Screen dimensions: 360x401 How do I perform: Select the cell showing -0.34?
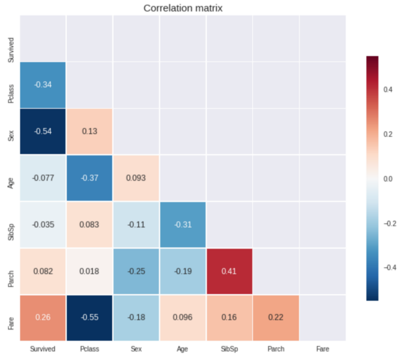point(43,85)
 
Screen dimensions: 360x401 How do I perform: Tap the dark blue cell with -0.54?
point(43,132)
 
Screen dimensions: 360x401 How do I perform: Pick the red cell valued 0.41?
point(229,272)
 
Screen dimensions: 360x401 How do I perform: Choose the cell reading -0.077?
point(43,178)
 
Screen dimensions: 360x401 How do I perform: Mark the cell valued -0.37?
point(89,178)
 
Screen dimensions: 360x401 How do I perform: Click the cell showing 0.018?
point(89,272)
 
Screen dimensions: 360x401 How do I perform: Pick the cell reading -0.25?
point(136,272)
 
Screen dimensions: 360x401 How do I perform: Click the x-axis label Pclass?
point(89,348)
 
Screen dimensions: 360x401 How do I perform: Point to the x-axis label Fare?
point(322,348)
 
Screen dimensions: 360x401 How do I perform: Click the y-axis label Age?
point(11,178)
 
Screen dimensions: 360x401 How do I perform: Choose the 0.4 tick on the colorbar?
point(388,90)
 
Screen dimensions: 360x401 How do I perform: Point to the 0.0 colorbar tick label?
point(388,178)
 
